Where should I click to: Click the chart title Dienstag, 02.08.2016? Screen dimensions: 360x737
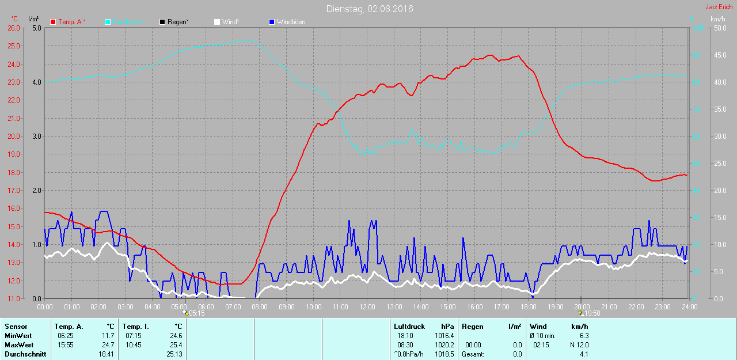[369, 9]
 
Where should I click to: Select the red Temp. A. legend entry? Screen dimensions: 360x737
[68, 22]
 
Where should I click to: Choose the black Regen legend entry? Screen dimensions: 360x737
[174, 22]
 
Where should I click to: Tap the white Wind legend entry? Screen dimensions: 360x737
[226, 22]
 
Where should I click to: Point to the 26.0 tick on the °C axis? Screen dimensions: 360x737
[13, 28]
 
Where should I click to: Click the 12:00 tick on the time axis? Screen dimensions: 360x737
[367, 307]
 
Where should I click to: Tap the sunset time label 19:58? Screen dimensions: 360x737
[592, 313]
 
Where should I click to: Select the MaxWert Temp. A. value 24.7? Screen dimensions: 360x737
[108, 345]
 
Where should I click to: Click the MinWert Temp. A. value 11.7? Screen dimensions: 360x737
[108, 336]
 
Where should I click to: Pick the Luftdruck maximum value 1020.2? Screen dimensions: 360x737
[444, 345]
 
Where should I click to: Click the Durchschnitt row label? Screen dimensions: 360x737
[25, 354]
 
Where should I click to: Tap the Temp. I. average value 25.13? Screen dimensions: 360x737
[173, 354]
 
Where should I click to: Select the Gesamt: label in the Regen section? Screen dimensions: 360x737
[473, 354]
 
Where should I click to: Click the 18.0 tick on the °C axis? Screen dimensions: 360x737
[13, 172]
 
